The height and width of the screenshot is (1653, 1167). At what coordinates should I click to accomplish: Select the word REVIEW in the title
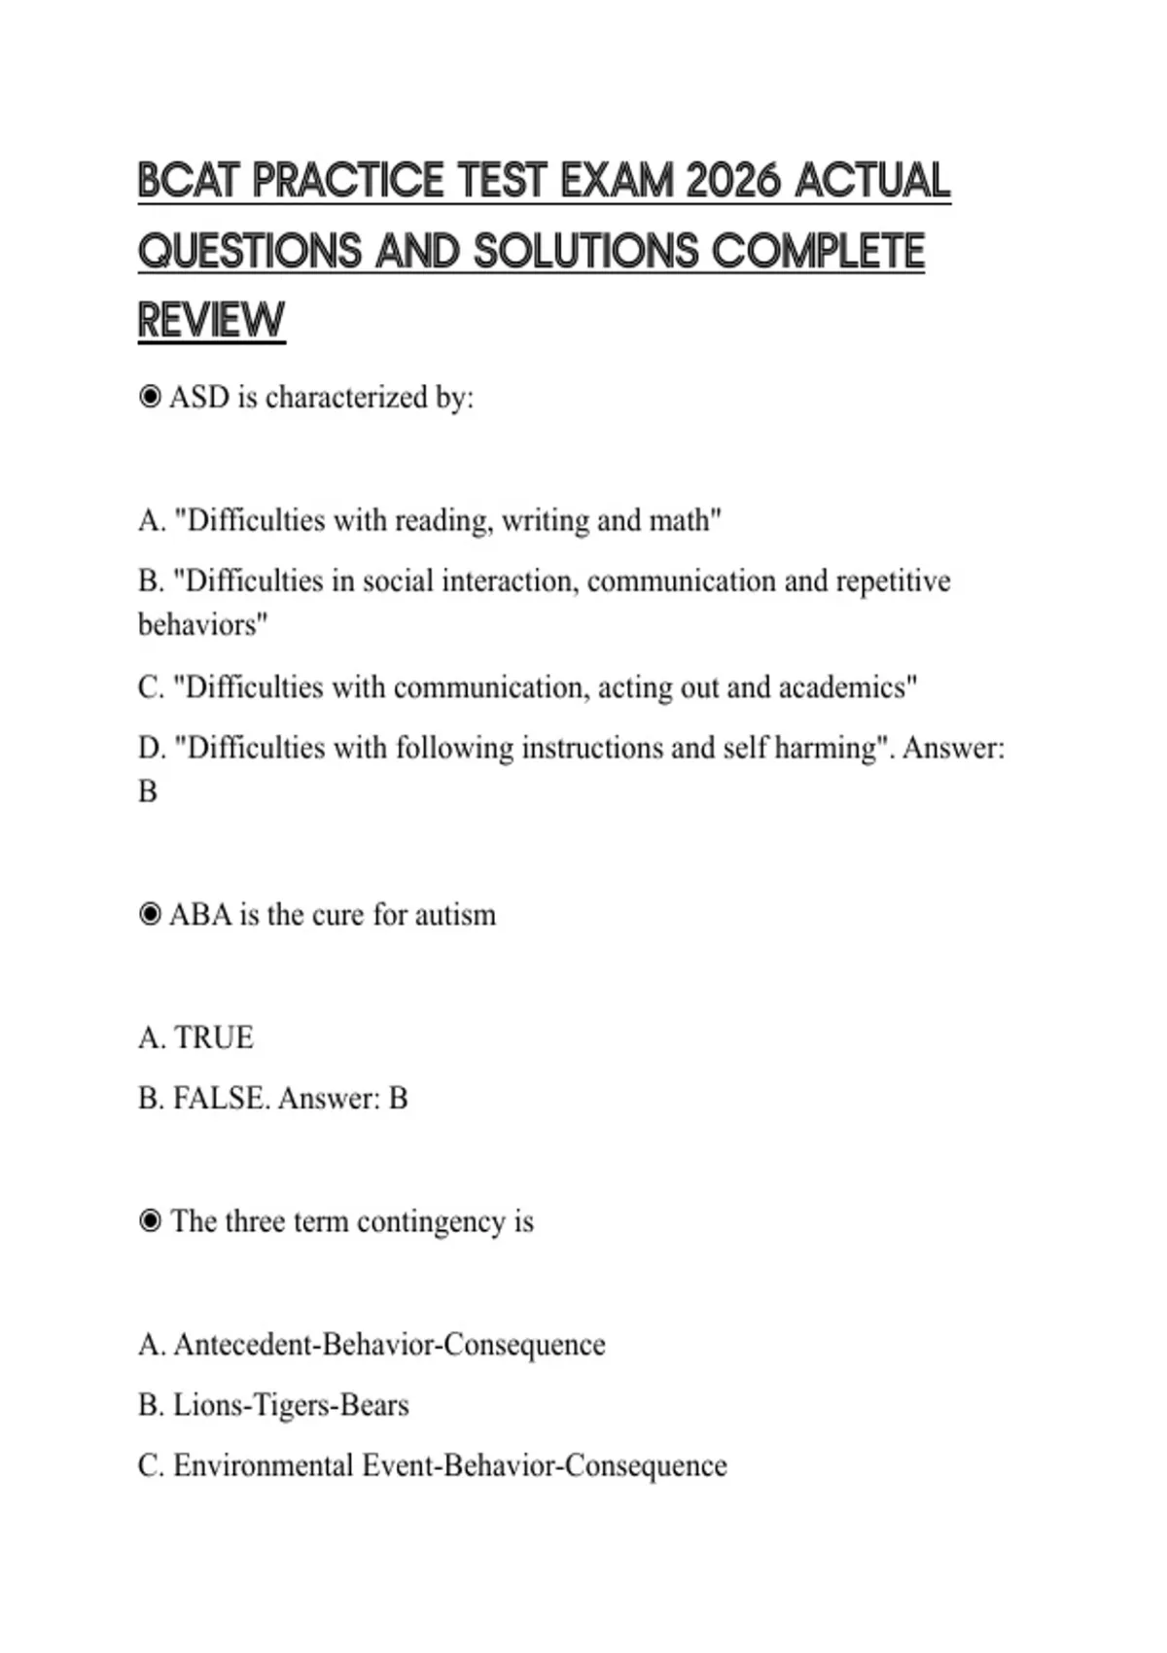211,321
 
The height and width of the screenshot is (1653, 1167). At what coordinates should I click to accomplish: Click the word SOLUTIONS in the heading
585,252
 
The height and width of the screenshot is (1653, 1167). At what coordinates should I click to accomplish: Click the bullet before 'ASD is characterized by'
150,397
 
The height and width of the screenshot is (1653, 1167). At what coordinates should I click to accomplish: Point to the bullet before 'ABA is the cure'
150,914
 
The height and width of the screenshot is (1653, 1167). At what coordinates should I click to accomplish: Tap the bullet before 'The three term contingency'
150,1220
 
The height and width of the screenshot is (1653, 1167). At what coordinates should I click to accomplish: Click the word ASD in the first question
199,397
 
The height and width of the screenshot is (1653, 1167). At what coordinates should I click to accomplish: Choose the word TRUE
213,1038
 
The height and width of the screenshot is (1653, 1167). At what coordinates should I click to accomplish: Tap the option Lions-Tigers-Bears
290,1405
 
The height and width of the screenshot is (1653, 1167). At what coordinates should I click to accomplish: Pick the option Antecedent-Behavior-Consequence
388,1345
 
